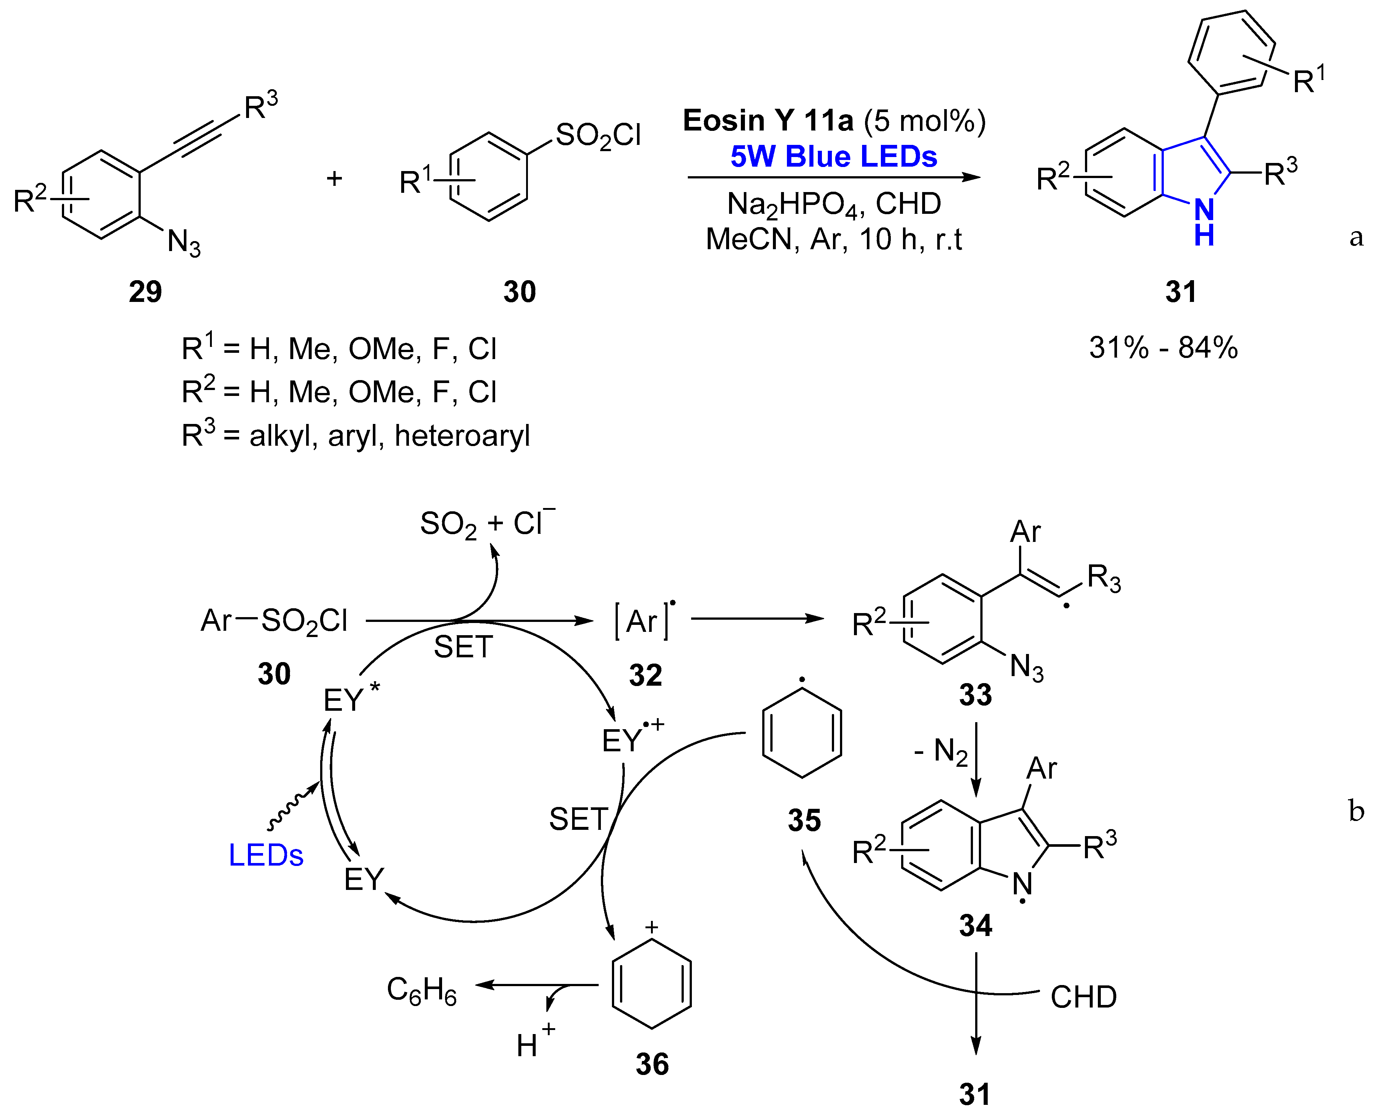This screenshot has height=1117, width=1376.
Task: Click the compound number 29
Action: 145,292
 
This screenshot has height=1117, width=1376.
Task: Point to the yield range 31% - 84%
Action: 1163,348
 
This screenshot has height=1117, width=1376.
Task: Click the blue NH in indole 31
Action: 1204,222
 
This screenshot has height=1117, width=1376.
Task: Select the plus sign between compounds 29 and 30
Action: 334,178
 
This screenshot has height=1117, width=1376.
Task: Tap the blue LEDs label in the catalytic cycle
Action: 266,856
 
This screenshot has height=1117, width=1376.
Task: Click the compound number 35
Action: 804,820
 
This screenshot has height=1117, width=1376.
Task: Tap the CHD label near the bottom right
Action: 1083,997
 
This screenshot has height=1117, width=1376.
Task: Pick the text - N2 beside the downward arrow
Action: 941,751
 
